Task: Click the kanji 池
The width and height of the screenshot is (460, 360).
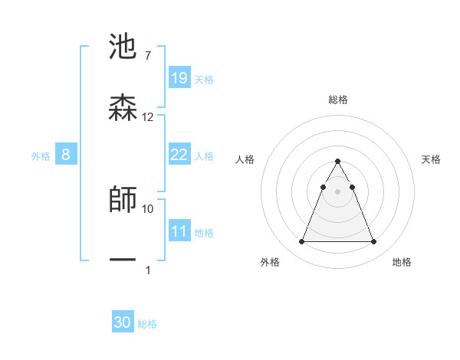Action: [x=123, y=47]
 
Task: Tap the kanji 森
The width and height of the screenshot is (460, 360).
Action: [x=123, y=107]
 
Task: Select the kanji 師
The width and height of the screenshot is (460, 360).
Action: [x=123, y=199]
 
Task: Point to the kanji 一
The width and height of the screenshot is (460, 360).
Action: [x=123, y=260]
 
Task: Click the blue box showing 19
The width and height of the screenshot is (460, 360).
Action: [x=179, y=77]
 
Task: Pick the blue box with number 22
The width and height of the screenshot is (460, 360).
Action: [x=179, y=155]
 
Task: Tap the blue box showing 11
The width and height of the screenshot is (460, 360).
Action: [x=179, y=231]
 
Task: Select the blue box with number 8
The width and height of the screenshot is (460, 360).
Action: [x=66, y=155]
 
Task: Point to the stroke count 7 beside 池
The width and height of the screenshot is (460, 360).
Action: [x=147, y=56]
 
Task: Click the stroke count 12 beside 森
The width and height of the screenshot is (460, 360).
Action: [x=148, y=117]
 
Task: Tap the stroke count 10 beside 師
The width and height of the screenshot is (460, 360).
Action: [x=148, y=208]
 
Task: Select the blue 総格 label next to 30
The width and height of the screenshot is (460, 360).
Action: [x=147, y=324]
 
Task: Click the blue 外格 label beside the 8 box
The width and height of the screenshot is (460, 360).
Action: [x=41, y=156]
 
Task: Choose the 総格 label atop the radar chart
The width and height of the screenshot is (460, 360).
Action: [x=338, y=100]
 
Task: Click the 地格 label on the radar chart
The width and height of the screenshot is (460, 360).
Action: [x=402, y=262]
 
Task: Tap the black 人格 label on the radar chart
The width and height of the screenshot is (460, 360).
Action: [x=245, y=159]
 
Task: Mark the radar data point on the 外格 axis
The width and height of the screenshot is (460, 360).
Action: [x=301, y=242]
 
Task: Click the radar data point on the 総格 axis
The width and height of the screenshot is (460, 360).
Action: [x=337, y=161]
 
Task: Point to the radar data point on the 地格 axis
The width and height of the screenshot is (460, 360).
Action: [x=373, y=242]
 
